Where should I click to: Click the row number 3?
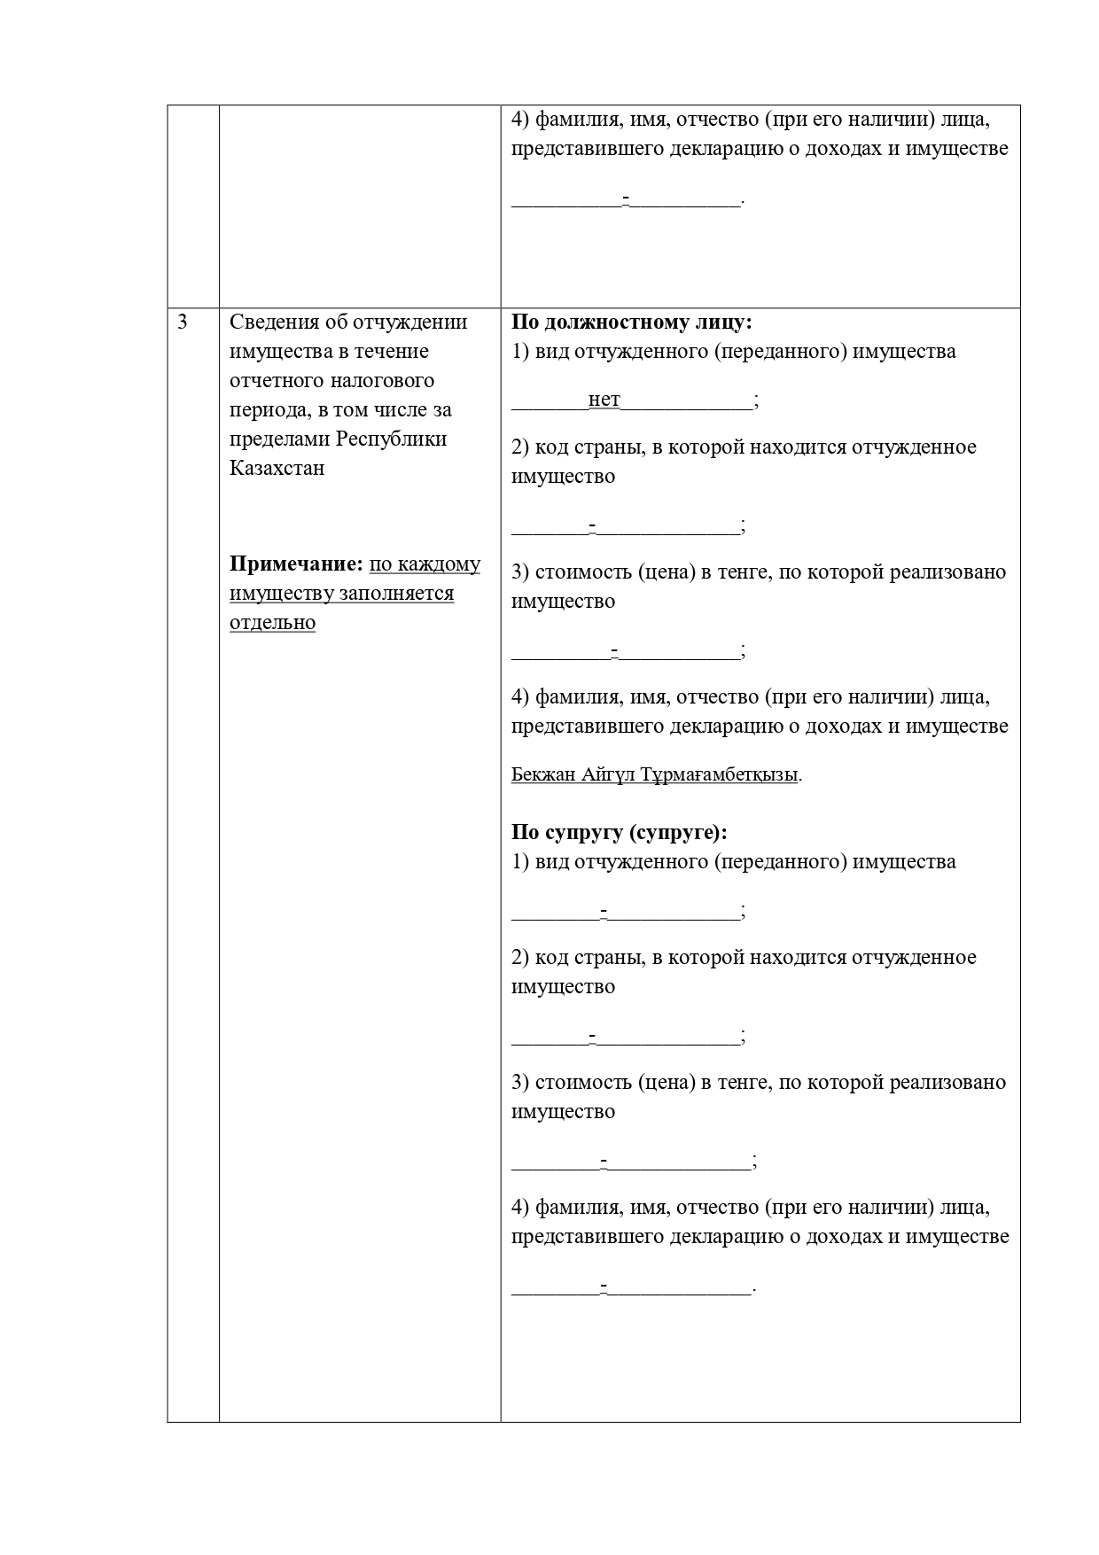tap(183, 322)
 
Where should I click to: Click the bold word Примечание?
tap(296, 564)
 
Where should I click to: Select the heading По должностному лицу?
tap(631, 322)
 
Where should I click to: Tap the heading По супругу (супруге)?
tap(619, 832)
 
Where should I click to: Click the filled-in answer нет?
tap(604, 400)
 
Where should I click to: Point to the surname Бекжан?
tap(543, 774)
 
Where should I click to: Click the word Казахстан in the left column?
tap(277, 468)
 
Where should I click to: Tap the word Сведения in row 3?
tap(273, 322)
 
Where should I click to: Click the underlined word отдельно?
tap(272, 623)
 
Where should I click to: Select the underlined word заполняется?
tap(396, 594)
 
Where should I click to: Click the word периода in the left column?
tap(265, 409)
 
